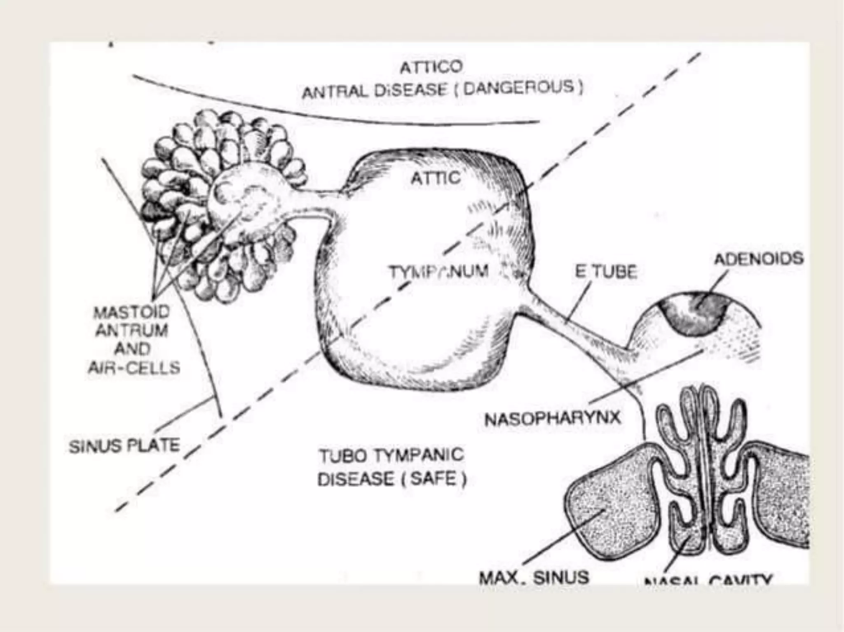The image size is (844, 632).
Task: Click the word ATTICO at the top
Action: click(431, 67)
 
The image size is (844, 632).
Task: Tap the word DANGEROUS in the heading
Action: click(518, 87)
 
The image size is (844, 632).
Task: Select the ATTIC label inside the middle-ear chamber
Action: click(436, 178)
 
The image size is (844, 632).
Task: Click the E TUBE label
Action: click(606, 272)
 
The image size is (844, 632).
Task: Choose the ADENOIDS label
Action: click(759, 259)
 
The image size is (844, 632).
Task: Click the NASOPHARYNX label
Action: click(552, 419)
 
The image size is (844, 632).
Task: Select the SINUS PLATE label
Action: click(124, 446)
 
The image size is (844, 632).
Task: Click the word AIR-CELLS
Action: click(134, 367)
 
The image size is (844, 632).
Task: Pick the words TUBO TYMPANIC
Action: click(392, 455)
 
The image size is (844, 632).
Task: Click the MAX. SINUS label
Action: click(534, 577)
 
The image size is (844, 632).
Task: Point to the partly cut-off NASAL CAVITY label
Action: click(707, 581)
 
